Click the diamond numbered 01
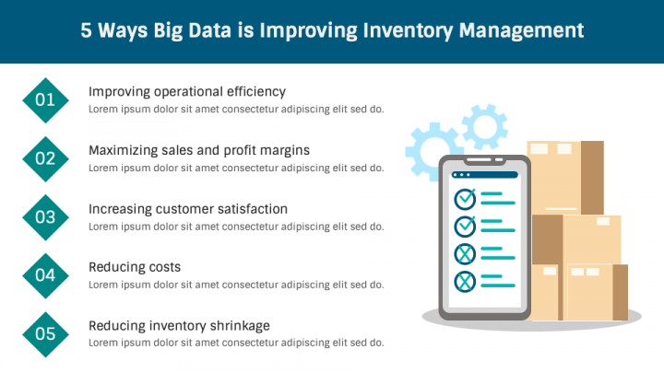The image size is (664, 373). (45, 100)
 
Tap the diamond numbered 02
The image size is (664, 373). (45, 159)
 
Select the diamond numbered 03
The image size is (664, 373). (45, 217)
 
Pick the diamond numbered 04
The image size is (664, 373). (45, 275)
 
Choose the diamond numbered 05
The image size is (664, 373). (45, 334)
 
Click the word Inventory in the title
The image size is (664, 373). (408, 31)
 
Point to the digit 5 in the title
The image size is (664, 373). (86, 30)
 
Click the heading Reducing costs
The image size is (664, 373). (135, 267)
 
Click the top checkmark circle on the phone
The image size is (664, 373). (465, 199)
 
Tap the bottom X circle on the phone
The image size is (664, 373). (465, 282)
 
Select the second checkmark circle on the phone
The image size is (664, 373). (465, 227)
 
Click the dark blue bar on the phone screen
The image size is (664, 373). (485, 175)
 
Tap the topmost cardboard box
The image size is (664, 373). (565, 178)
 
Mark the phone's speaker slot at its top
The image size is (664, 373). (478, 160)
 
